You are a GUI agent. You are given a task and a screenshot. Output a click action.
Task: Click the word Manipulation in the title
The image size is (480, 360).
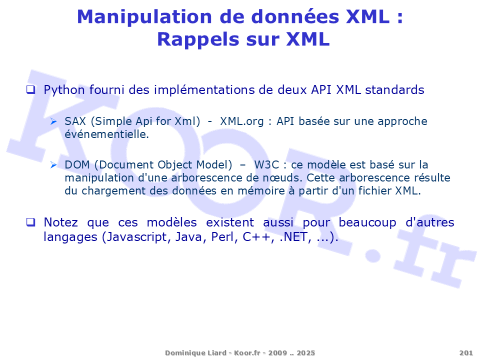coord(144,17)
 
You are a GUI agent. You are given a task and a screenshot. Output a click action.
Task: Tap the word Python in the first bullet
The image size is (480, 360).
coord(64,90)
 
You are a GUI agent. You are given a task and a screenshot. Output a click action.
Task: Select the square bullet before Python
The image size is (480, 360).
coord(31,90)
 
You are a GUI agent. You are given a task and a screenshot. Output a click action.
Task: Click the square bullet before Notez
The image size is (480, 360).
coord(31,222)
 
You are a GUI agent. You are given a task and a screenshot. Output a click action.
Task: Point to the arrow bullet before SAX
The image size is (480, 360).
coord(53,121)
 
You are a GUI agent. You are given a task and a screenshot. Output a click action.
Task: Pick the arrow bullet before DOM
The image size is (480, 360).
coord(53,165)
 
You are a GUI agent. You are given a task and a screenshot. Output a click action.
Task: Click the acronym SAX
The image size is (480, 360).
coord(75,121)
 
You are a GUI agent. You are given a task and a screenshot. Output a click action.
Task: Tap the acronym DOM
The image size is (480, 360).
coord(77,165)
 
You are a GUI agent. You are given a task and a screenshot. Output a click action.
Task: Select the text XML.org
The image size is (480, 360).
coord(242,122)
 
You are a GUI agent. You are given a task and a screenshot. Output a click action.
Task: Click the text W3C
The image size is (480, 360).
coord(266,165)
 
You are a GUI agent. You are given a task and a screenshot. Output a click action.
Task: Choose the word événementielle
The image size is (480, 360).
coord(107,134)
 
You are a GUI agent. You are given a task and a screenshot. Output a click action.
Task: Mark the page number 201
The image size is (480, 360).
coord(466,353)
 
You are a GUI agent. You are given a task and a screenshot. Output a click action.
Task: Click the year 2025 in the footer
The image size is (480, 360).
coord(306,353)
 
